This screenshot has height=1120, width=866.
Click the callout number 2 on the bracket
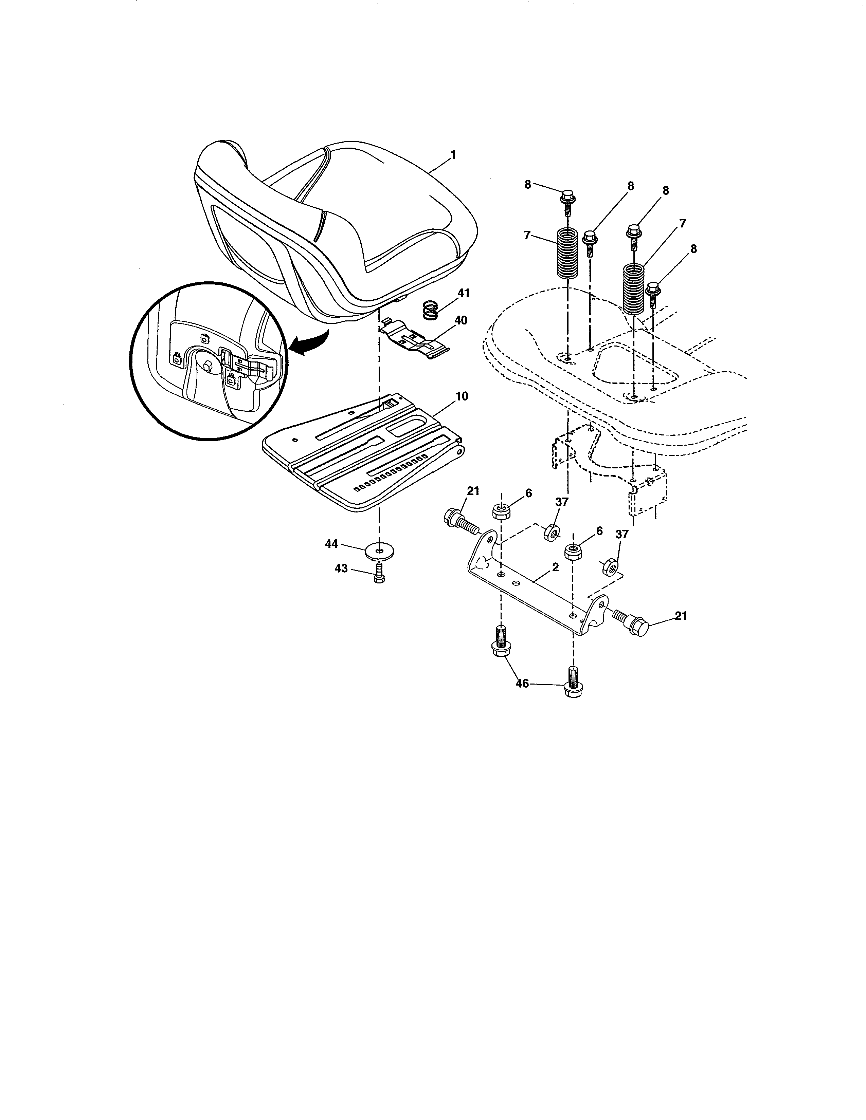(555, 568)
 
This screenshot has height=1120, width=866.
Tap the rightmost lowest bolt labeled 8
(653, 293)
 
